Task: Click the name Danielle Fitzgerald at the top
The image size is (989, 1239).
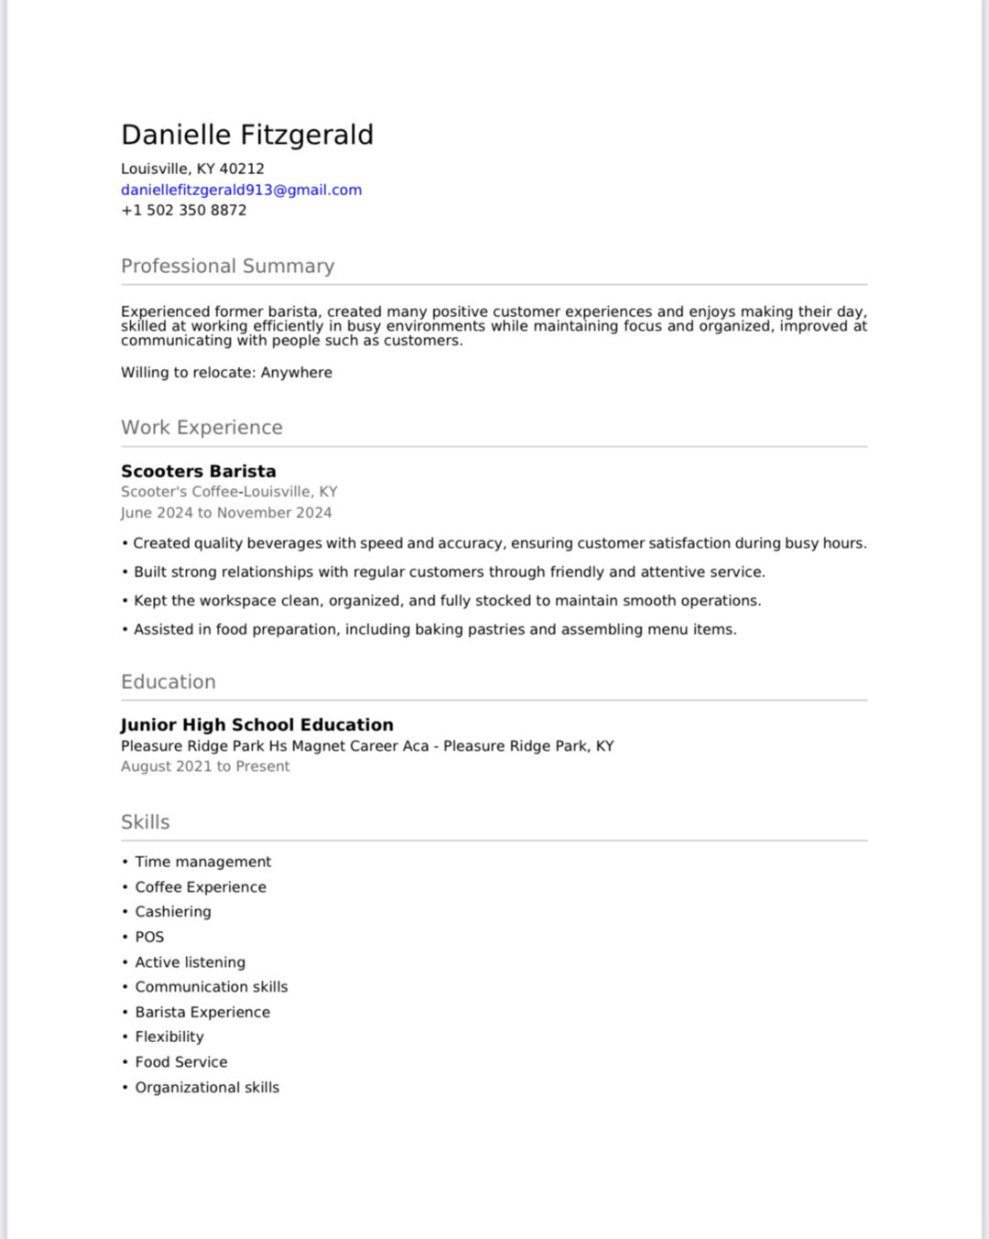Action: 247,135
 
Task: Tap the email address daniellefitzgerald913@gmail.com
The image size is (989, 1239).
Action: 241,190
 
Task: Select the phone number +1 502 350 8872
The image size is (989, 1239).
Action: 183,210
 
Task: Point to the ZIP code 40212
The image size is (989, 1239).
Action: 242,168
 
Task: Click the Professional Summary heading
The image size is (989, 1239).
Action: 227,266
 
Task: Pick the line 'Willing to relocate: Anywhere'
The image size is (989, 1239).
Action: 226,373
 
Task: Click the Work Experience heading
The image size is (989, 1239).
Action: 201,428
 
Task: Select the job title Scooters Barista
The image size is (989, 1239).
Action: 198,471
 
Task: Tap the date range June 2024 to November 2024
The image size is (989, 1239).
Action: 226,513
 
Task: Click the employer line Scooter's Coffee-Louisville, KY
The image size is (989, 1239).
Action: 229,492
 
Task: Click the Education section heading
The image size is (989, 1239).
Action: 168,681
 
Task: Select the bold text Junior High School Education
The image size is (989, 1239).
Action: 257,724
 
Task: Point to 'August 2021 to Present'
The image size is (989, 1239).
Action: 205,766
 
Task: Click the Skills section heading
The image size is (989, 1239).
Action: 146,821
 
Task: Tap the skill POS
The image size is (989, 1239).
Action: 149,937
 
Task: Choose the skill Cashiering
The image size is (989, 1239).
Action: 173,911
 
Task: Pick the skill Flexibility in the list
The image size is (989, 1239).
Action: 169,1037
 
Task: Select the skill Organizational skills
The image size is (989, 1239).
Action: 207,1087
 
